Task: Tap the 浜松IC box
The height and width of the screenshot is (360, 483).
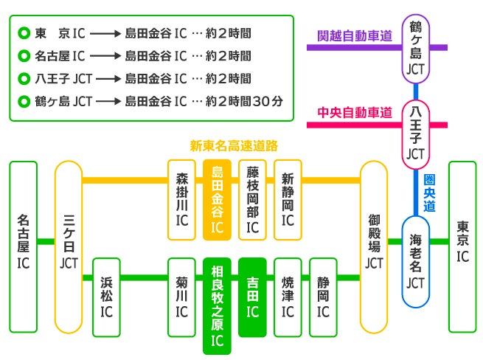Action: point(106,295)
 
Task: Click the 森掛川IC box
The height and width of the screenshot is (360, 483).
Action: point(181,199)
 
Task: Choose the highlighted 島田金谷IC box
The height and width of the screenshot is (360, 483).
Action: point(217,199)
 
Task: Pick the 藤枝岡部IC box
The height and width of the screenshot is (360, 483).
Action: point(252,199)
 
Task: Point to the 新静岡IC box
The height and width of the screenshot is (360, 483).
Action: point(288,199)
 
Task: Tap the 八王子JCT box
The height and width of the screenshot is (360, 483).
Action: point(417,134)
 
